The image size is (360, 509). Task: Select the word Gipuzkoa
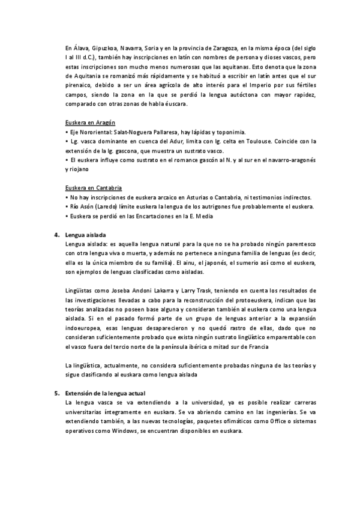click(101, 46)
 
